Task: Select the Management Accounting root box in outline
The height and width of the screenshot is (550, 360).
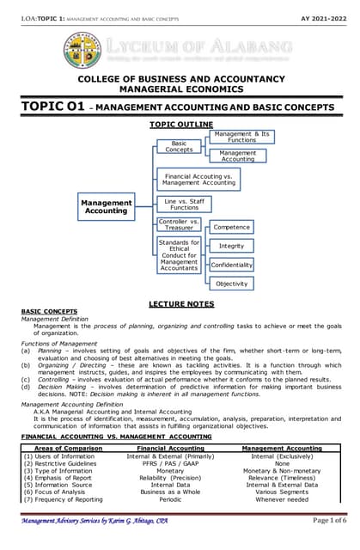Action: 107,206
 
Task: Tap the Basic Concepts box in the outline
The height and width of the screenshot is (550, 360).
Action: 179,147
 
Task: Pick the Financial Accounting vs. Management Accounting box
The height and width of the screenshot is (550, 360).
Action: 198,179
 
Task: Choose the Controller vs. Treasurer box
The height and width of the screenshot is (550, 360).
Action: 179,226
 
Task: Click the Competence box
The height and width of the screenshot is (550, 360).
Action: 231,228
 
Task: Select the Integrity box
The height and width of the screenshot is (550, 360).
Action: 231,247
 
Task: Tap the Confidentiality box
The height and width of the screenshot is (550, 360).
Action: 231,265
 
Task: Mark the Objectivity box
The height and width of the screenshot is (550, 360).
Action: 231,284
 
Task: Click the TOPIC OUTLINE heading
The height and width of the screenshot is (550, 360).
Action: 180,124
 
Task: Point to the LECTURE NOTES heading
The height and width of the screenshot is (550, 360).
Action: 180,303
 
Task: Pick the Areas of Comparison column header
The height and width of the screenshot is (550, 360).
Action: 66,448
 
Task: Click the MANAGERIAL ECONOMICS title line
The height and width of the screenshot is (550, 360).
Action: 180,89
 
